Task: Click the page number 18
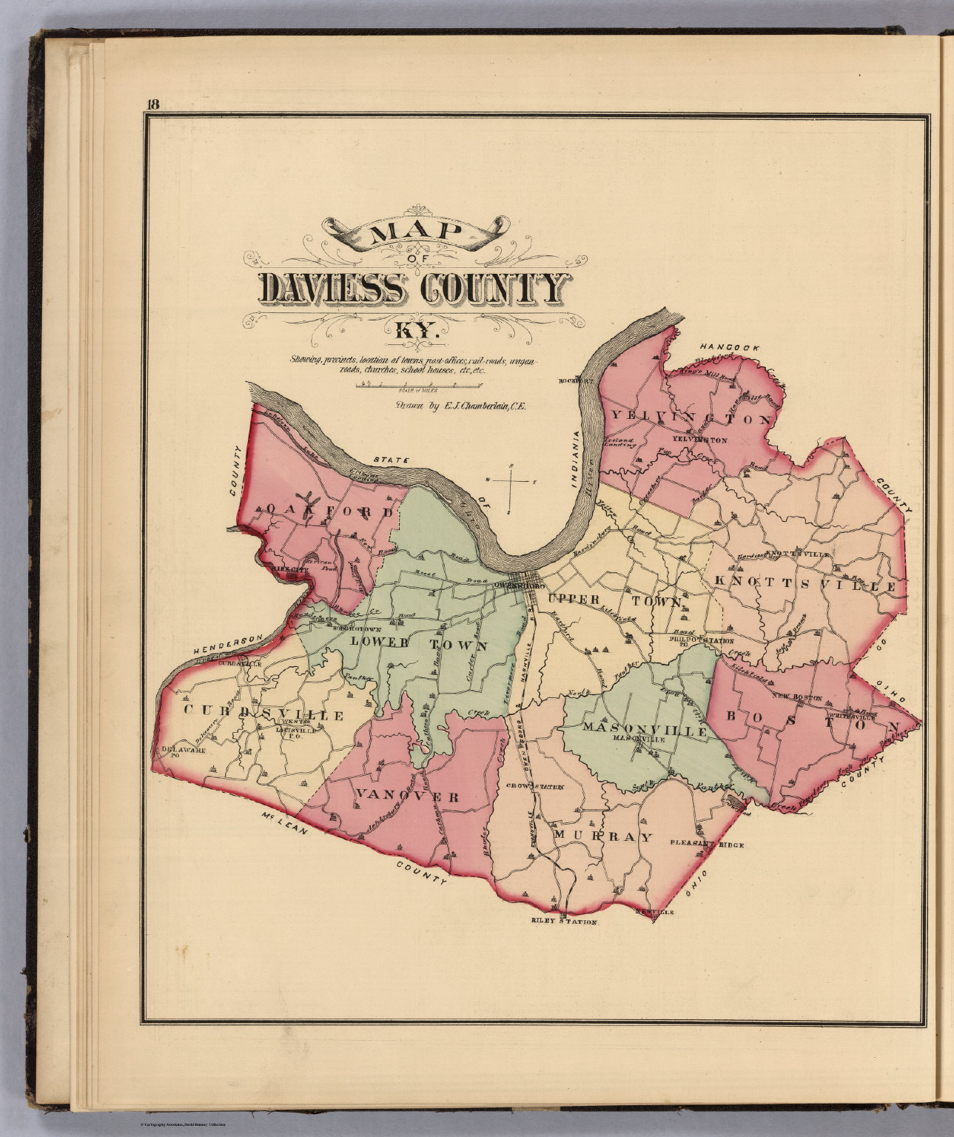pyautogui.click(x=152, y=104)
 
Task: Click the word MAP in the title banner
pyautogui.click(x=414, y=233)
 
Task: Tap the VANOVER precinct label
pyautogui.click(x=408, y=796)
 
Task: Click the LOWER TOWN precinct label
pyautogui.click(x=419, y=644)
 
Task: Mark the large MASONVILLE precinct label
pyautogui.click(x=645, y=728)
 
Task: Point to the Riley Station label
pyautogui.click(x=563, y=922)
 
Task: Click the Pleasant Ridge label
pyautogui.click(x=706, y=843)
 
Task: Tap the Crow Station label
pyautogui.click(x=535, y=787)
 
